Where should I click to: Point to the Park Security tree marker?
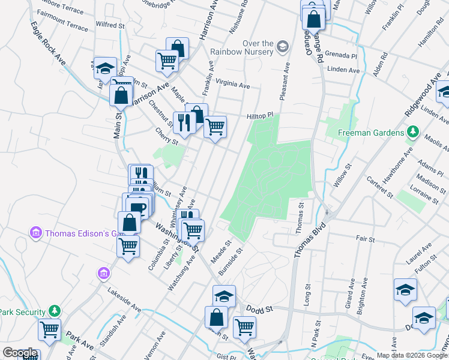coord(55,311)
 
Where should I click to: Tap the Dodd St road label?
coord(261,308)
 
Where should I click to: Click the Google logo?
coord(19,353)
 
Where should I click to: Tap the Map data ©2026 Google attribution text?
coord(411,355)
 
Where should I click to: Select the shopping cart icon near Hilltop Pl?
coord(215,127)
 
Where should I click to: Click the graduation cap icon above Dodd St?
coord(224,296)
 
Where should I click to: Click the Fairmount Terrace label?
coord(62,27)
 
